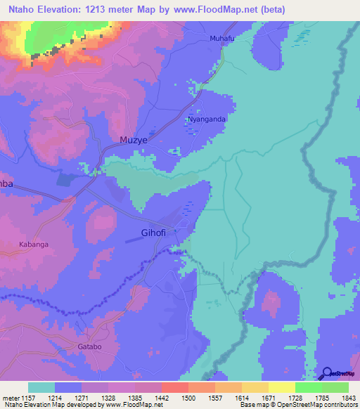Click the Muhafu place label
coord(221,39)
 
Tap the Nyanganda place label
coord(207,119)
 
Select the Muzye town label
coord(114,140)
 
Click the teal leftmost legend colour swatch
coord(41,387)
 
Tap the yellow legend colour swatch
coord(282,387)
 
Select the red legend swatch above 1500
coord(175,387)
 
